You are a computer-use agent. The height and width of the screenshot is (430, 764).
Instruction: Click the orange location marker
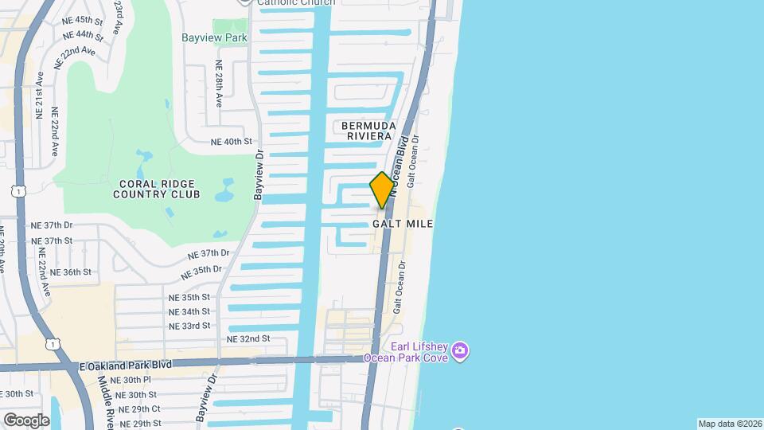pos(382,190)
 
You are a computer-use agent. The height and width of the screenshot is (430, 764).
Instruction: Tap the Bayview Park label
pos(214,37)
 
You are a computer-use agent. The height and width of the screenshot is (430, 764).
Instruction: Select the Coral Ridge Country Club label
pos(156,189)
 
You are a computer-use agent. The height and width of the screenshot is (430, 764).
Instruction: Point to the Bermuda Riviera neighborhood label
pos(368,131)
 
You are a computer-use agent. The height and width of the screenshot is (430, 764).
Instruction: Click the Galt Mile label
pos(403,224)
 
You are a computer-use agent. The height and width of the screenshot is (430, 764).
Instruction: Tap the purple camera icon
pos(460,350)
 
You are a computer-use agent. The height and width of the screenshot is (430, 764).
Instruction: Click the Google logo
pos(25,420)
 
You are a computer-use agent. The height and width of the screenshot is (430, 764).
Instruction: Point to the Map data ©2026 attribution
pos(730,424)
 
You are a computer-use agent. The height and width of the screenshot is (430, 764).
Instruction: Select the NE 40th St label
pos(231,142)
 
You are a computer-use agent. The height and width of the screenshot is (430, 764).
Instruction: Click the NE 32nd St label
pos(248,338)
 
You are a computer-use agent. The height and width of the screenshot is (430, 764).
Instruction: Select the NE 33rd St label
pos(189,326)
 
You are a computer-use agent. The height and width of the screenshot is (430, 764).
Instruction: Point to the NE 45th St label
pos(83,20)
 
